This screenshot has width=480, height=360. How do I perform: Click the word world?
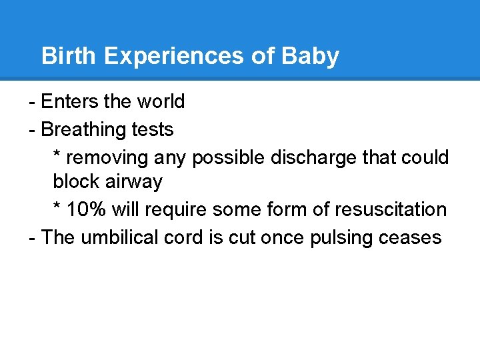pos(161,101)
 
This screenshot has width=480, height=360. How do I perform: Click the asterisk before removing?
pos(57,156)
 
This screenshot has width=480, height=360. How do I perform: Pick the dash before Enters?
pos(32,102)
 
